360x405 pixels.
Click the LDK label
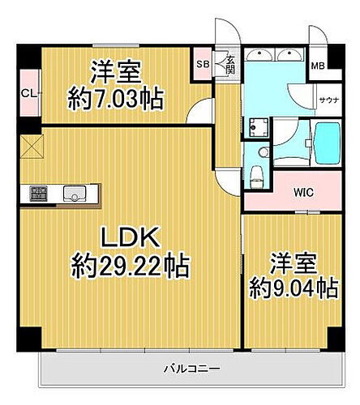[x=132, y=238]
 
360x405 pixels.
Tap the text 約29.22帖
[x=131, y=264]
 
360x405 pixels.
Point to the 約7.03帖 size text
[x=116, y=100]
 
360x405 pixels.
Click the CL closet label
[x=28, y=94]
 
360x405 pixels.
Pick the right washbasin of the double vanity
[x=287, y=55]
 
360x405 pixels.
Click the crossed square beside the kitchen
[x=32, y=147]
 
